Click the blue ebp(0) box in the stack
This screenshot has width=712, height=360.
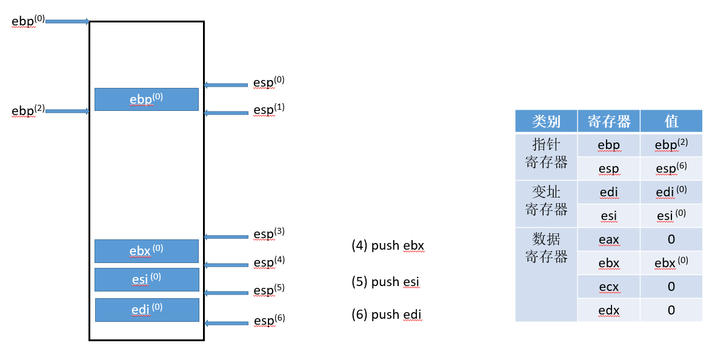coord(146,99)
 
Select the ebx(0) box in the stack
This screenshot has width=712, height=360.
coord(146,251)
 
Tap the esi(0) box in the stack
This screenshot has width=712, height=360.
coord(147,279)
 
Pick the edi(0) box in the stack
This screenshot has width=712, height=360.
coord(147,310)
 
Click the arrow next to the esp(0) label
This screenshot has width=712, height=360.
coord(226,85)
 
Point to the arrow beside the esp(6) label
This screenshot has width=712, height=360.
coord(226,323)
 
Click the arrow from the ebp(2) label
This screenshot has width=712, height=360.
coord(67,111)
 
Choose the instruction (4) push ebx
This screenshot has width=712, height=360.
coord(388,245)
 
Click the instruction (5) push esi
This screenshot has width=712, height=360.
coord(385,282)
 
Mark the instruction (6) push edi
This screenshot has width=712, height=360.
coord(386,315)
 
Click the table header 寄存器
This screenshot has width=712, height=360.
coord(609,121)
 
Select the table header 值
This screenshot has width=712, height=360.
coord(671,121)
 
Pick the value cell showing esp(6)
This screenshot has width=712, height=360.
coord(671,168)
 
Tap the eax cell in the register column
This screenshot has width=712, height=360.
coord(609,239)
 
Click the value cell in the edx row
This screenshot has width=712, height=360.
coord(671,310)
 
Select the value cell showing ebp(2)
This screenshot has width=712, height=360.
coord(671,145)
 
